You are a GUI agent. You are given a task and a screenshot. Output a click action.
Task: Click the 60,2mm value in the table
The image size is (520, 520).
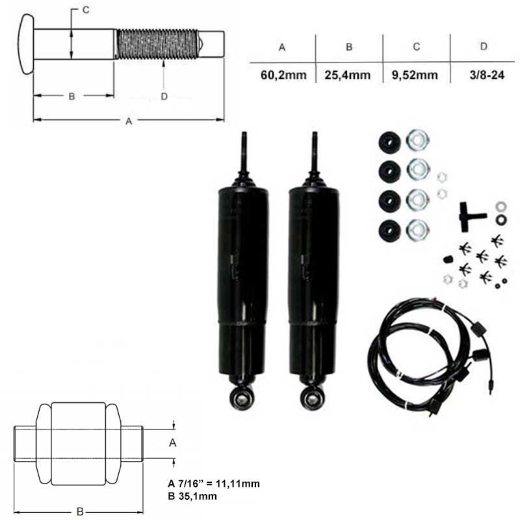(x=283, y=75)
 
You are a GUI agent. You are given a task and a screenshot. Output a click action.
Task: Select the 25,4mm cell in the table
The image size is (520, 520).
(x=348, y=75)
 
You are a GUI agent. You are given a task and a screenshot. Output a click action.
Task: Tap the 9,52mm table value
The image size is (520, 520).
(x=415, y=75)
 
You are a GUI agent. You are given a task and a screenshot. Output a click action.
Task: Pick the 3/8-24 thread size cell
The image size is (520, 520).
(x=487, y=75)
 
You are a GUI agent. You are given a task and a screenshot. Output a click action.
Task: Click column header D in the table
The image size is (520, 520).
(x=484, y=46)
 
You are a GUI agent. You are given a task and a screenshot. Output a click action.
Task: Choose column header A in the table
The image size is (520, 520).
(x=282, y=47)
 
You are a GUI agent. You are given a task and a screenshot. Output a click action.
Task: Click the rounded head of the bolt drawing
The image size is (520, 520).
(x=26, y=44)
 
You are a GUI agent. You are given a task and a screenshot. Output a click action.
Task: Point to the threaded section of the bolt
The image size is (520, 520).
(x=157, y=44)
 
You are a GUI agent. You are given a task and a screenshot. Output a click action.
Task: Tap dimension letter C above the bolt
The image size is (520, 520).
(x=86, y=10)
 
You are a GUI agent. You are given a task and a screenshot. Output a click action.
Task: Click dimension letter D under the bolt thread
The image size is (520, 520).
(x=164, y=96)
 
